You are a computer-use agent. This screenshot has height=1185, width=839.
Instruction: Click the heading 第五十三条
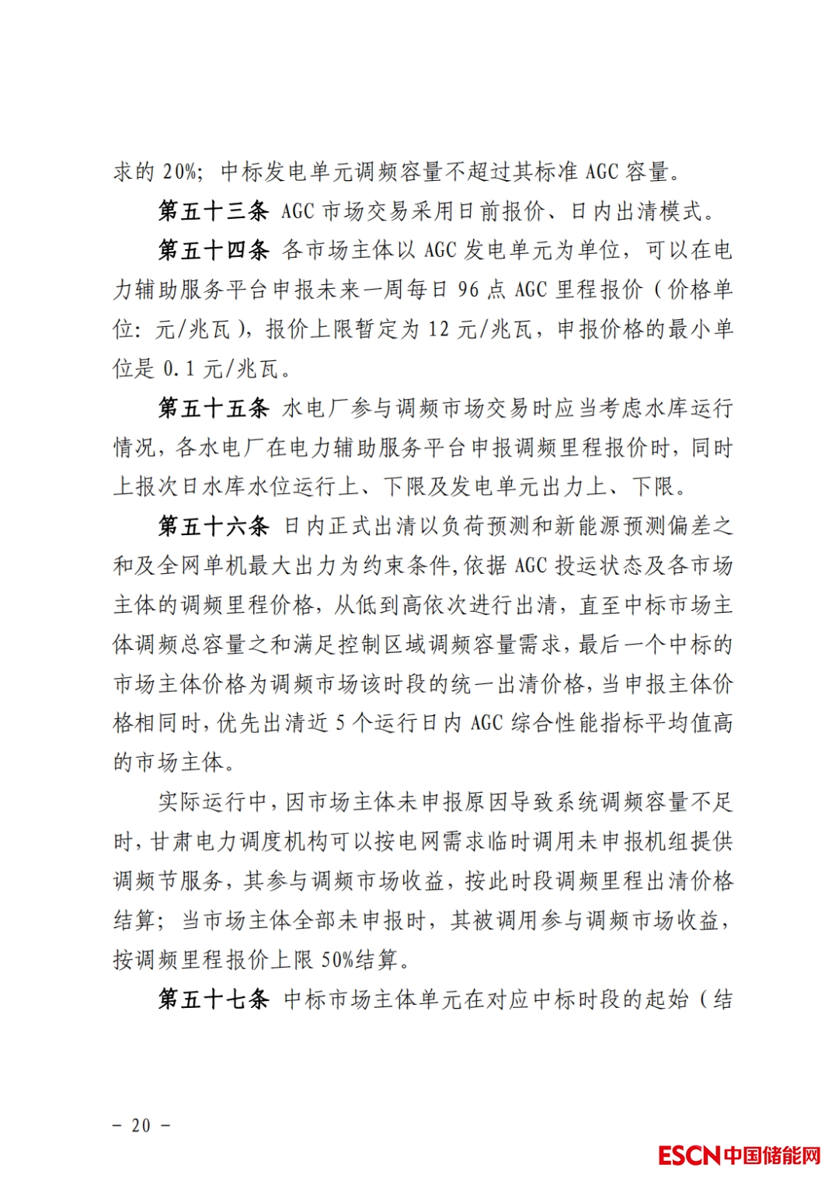214,211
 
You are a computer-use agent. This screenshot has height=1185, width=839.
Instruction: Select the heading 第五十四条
214,251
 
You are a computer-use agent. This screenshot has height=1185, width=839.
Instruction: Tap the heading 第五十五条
214,408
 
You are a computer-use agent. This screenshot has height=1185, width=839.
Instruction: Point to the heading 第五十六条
214,526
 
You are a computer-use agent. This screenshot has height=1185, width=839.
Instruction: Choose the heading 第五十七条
214,999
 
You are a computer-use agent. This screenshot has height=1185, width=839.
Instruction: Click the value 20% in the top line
179,172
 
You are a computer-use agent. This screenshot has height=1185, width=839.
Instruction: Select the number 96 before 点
468,290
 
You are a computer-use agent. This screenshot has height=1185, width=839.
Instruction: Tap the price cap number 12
439,330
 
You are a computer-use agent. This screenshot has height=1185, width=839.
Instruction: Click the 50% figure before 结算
337,961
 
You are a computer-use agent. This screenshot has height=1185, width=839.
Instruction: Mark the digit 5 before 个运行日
340,724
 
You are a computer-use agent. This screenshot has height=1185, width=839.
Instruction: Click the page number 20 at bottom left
141,1125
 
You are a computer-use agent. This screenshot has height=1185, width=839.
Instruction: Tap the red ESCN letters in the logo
689,1155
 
